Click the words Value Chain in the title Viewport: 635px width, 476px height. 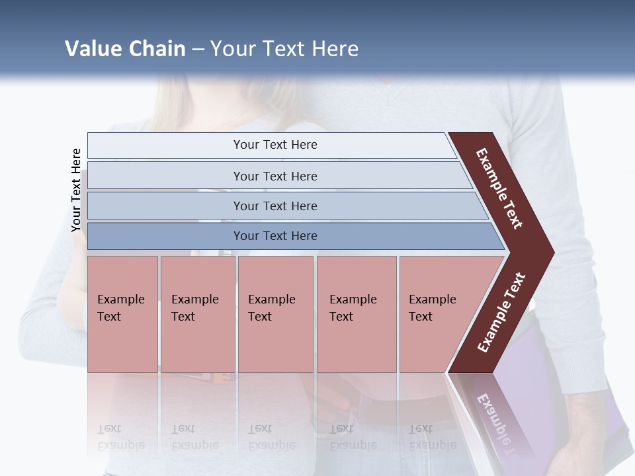click(x=125, y=48)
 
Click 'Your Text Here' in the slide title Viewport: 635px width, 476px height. click(x=284, y=48)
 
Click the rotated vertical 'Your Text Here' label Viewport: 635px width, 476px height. click(x=76, y=190)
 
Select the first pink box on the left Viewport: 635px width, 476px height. click(x=122, y=314)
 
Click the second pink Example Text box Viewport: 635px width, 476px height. click(x=198, y=314)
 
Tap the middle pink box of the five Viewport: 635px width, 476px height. click(x=275, y=314)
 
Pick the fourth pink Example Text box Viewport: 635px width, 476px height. click(x=357, y=314)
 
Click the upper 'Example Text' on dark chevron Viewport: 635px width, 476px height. click(x=499, y=188)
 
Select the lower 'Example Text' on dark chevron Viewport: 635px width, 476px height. click(x=501, y=313)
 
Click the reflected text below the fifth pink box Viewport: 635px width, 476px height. click(x=432, y=436)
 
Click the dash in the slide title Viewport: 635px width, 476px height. click(x=198, y=49)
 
